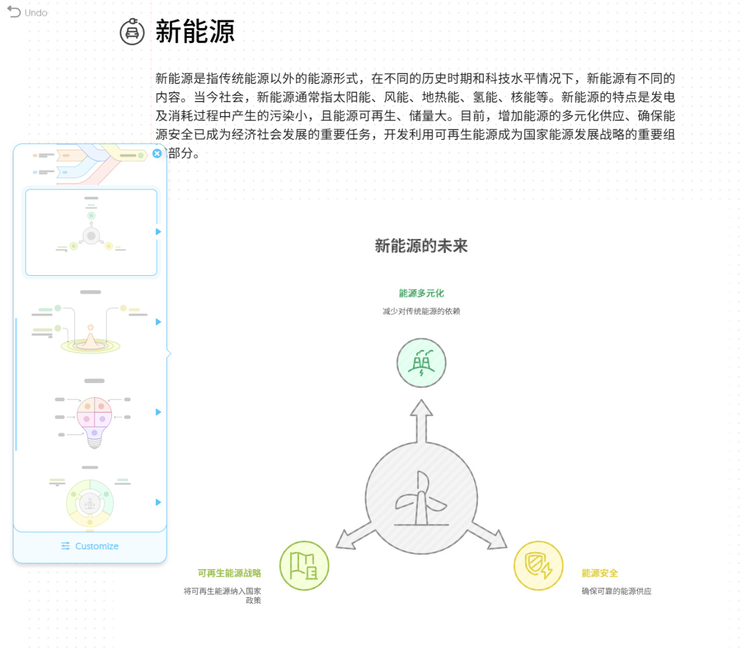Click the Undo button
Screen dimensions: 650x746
point(27,12)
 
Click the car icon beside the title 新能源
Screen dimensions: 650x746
point(132,31)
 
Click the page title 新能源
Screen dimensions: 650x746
point(195,31)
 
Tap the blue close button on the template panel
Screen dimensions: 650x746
point(157,153)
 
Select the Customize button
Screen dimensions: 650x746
point(90,546)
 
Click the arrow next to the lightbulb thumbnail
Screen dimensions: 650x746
point(158,412)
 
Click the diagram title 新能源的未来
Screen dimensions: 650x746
point(421,246)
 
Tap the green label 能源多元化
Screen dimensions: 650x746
point(421,293)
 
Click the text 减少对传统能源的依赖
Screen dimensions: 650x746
point(421,311)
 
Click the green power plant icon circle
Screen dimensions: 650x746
point(421,363)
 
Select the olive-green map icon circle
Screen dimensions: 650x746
point(304,565)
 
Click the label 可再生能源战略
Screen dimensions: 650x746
point(229,573)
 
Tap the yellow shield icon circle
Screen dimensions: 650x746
point(538,565)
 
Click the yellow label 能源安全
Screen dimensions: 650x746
point(600,573)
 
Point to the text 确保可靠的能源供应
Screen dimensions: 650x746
point(616,591)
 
